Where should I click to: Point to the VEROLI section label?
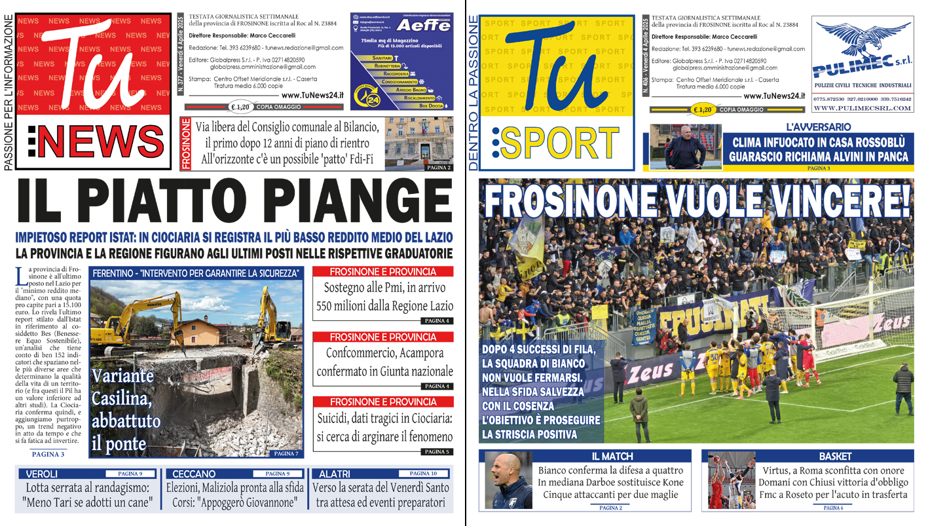click(x=42, y=474)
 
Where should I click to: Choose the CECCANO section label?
click(x=195, y=474)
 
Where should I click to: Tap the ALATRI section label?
click(x=334, y=474)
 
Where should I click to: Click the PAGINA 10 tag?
click(x=423, y=473)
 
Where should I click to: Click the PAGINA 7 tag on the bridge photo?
click(x=286, y=453)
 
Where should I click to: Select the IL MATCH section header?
click(x=617, y=456)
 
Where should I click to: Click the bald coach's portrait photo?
click(x=508, y=481)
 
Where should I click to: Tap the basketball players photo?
click(x=732, y=481)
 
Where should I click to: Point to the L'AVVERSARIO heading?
click(x=818, y=126)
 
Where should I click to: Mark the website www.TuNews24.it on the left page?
click(x=312, y=95)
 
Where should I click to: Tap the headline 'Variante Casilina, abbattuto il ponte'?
click(x=124, y=411)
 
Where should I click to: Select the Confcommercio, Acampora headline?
click(x=384, y=362)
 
